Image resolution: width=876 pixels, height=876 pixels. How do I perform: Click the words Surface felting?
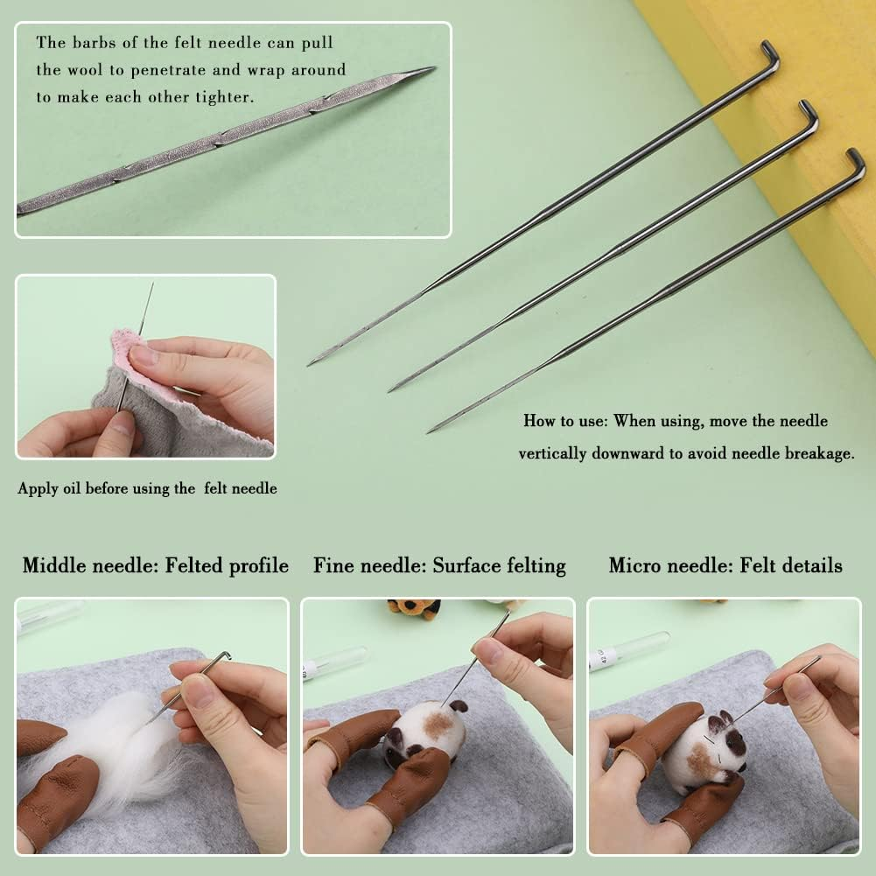click(x=499, y=566)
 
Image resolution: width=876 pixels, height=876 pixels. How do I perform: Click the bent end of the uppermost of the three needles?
click(x=770, y=51)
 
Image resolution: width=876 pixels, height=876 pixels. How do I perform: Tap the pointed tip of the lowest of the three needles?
click(x=430, y=431)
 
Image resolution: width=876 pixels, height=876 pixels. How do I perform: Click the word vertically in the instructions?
click(x=562, y=453)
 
